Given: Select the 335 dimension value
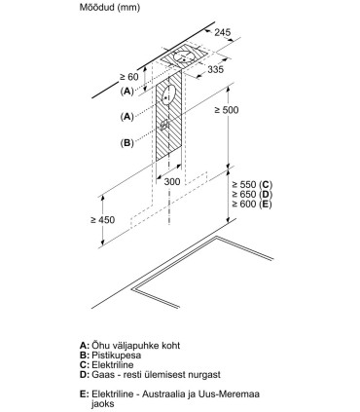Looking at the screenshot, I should pyautogui.click(x=241, y=70).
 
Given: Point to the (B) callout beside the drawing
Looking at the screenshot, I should pyautogui.click(x=126, y=143).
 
